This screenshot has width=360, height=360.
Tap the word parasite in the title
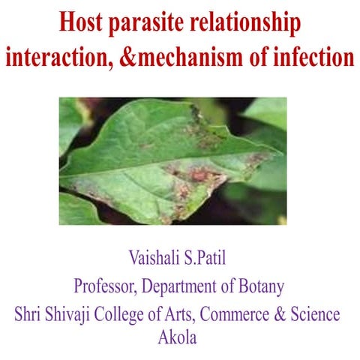[x=156, y=25]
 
